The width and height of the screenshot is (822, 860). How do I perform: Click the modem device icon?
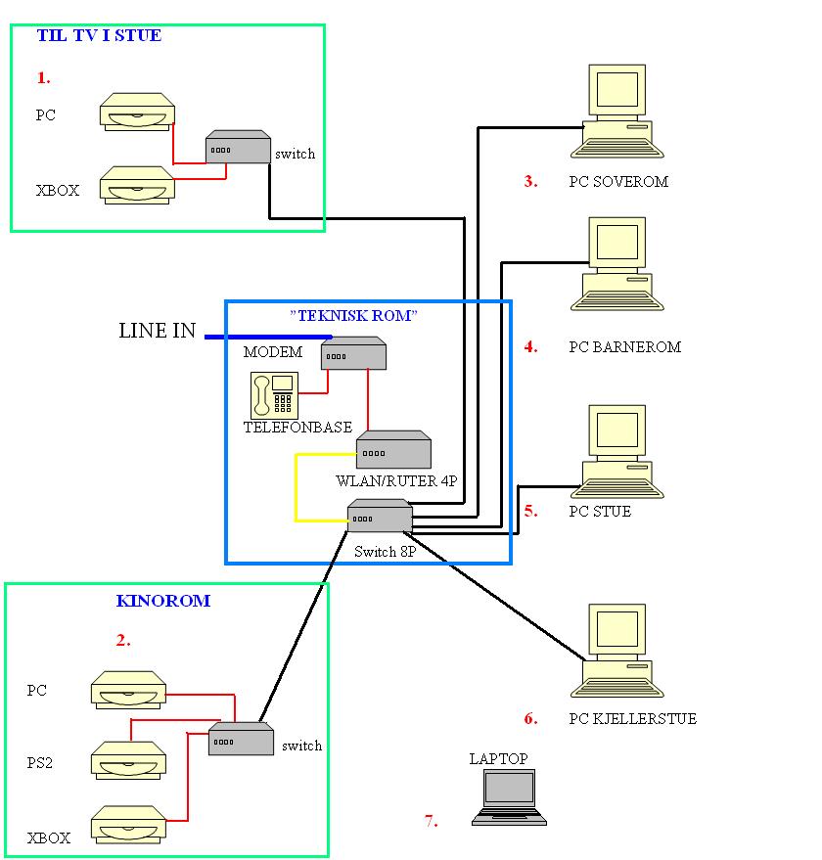coord(353,353)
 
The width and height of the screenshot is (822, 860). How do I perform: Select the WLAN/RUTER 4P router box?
coord(393,450)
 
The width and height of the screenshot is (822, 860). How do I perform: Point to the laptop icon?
coord(509,794)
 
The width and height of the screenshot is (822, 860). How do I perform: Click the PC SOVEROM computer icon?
coord(617,113)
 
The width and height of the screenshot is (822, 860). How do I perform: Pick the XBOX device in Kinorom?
coord(128,825)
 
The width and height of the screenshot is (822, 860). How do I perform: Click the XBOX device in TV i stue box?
coord(138,185)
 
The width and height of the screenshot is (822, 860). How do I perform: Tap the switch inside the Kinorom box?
coord(241,740)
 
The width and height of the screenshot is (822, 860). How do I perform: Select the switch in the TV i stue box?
coord(238,148)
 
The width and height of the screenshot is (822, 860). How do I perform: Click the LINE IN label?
coord(158,331)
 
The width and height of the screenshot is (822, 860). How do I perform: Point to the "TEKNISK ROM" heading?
coord(354,316)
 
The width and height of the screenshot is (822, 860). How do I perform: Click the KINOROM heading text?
coord(163,601)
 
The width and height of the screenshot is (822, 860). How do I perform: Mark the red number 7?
coord(432,821)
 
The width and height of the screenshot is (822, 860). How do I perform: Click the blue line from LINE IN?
coord(264,337)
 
